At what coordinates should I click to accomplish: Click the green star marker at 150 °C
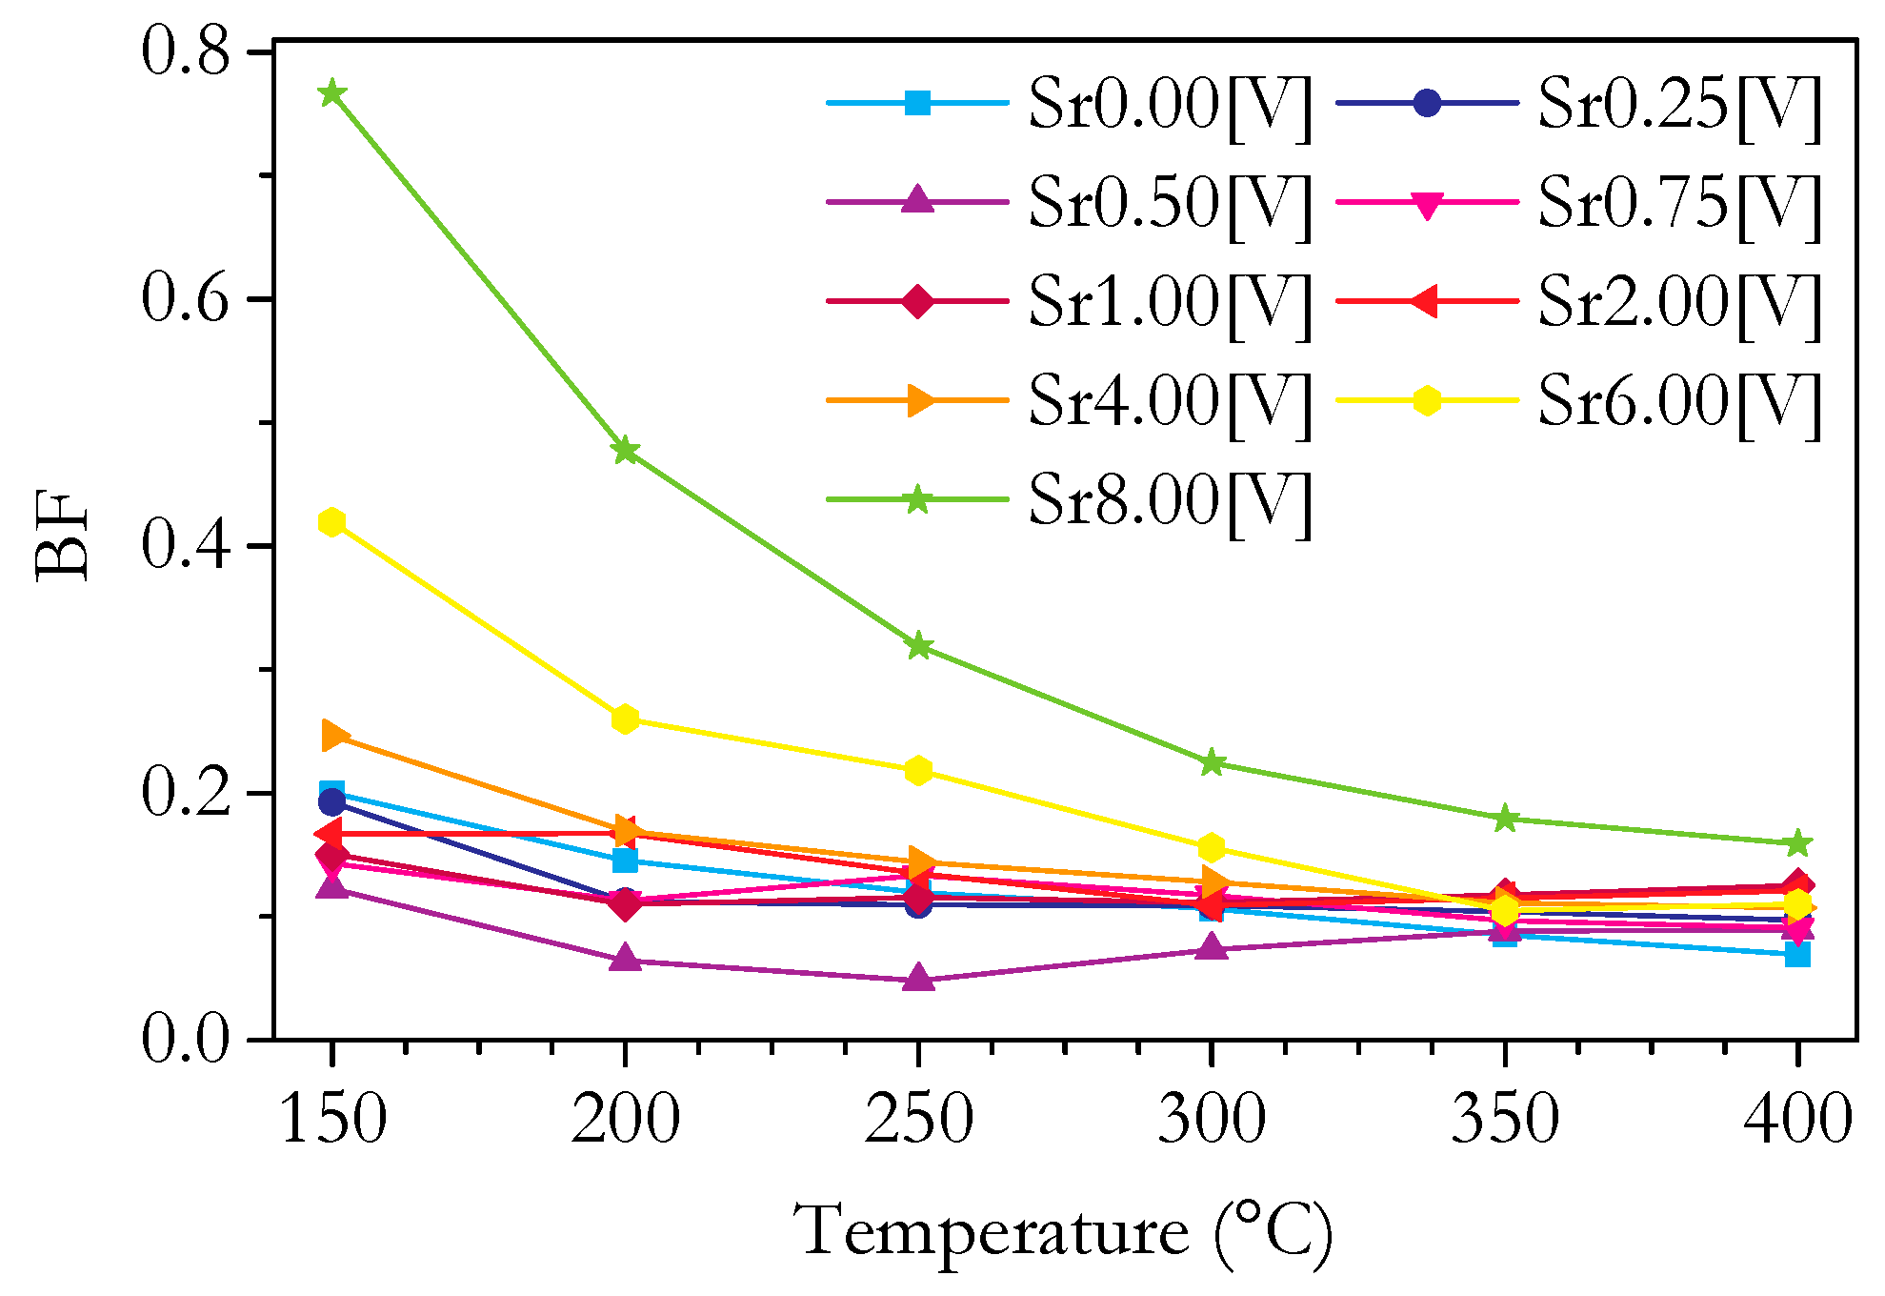click(331, 93)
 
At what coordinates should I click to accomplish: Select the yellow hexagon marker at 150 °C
click(331, 522)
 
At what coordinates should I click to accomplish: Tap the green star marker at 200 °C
click(625, 450)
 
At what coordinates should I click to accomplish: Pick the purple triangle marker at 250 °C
click(918, 979)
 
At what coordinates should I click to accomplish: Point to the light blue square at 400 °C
click(1797, 954)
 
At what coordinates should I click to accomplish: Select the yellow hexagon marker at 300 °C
click(1212, 847)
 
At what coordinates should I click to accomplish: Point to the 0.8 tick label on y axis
click(187, 51)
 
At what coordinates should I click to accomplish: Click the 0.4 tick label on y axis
click(187, 546)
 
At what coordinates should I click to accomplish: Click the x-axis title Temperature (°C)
click(1063, 1231)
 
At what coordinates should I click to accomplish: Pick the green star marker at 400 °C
click(1797, 843)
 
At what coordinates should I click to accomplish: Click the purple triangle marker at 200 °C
click(625, 959)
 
